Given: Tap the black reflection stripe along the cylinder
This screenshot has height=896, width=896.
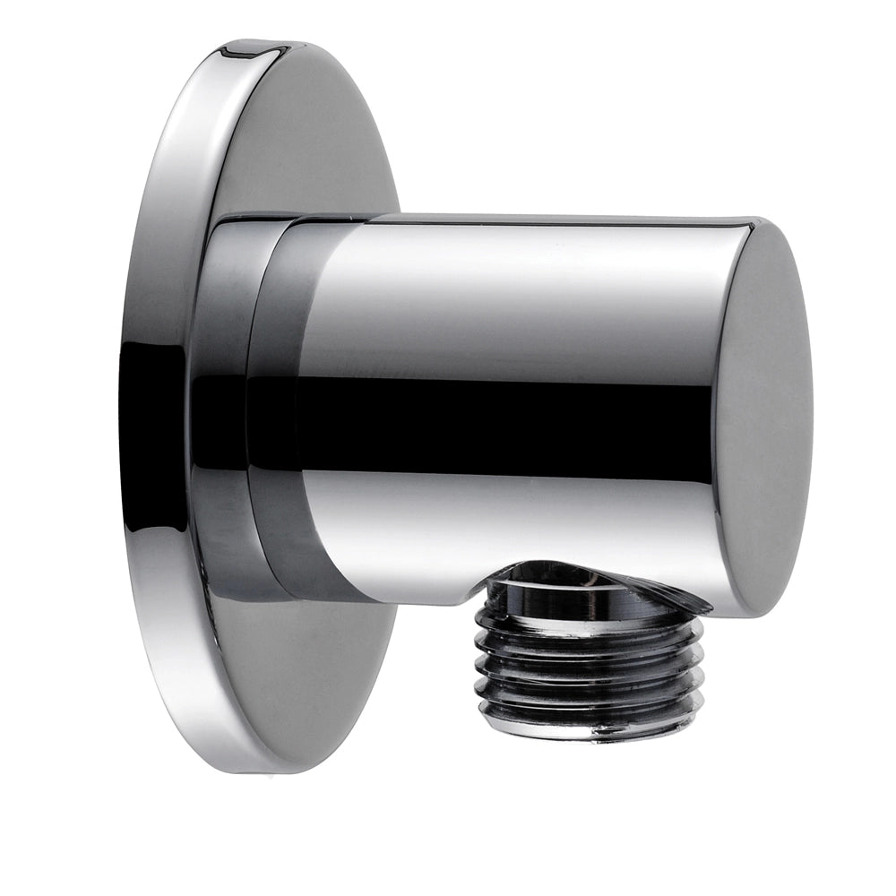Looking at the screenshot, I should coord(502,421).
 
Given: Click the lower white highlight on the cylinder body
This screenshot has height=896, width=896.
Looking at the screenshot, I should coord(502,529).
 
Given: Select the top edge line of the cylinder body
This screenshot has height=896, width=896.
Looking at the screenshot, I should coord(538,218).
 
